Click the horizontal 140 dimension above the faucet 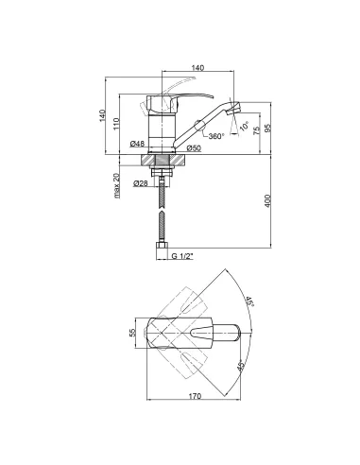pos(197,67)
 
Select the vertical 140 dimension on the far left pos(102,115)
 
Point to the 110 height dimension pos(116,124)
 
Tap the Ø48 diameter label pos(137,144)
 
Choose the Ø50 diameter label pos(194,147)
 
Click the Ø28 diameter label pos(141,183)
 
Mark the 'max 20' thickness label pos(117,185)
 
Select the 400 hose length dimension pos(267,200)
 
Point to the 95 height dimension pos(267,128)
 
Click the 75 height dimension pos(256,130)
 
